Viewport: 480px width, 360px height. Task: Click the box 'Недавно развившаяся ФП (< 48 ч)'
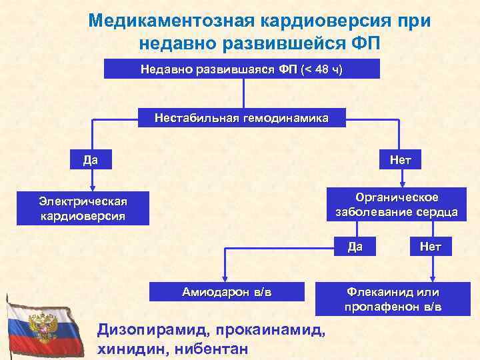pos(242,69)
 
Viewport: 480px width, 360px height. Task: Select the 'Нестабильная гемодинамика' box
pos(241,118)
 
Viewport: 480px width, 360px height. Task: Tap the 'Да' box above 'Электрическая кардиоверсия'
pos(91,159)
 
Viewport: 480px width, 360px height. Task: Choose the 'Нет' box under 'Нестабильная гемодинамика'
pos(401,159)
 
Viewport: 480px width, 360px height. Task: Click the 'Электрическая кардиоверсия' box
pos(83,208)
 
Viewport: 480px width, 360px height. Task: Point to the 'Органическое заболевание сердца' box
pos(397,205)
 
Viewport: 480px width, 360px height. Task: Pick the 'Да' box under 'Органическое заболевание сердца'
pos(355,246)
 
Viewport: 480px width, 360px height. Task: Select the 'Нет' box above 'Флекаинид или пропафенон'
pos(430,246)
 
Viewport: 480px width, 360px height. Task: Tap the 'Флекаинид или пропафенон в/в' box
pos(393,299)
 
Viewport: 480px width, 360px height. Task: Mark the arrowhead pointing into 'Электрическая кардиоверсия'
pos(93,188)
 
